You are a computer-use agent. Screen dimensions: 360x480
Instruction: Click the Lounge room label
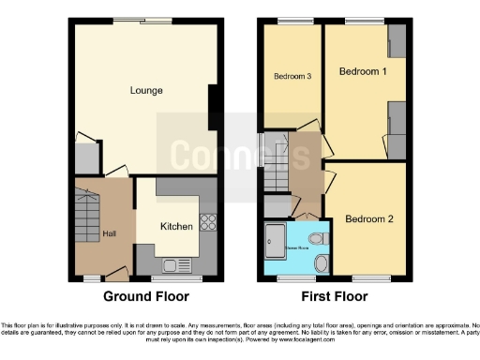tap(146, 91)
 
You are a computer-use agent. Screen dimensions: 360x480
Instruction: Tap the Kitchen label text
tap(176, 227)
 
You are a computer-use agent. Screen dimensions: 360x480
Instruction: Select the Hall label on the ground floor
tap(110, 234)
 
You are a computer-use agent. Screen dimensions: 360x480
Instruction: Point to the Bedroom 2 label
tap(368, 219)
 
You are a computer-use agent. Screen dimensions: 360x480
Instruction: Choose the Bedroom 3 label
tap(292, 77)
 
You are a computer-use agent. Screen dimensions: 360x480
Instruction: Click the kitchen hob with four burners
tap(208, 223)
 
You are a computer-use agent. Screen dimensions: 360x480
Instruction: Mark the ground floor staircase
tap(86, 216)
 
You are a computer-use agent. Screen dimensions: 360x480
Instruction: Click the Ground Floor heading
tap(145, 297)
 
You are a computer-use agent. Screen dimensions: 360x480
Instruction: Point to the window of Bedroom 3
tap(291, 21)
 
